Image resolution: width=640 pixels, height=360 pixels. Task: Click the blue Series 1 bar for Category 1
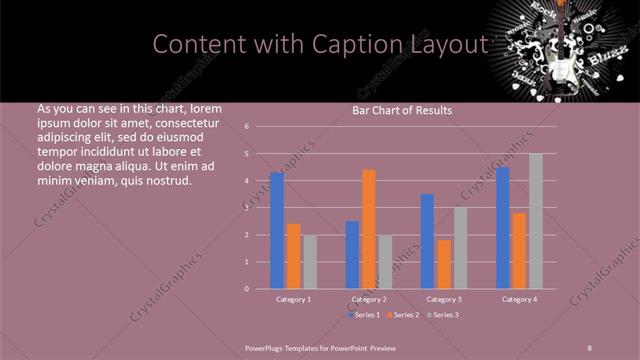[277, 230]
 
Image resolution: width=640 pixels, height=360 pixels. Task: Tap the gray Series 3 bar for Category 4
[536, 221]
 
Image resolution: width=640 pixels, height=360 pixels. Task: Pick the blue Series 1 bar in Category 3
[427, 241]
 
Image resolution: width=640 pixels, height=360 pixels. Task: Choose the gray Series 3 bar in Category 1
[310, 262]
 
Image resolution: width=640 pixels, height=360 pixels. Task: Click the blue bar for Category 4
[502, 228]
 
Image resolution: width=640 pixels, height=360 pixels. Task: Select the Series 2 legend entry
[403, 315]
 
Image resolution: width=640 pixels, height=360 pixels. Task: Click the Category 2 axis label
[369, 299]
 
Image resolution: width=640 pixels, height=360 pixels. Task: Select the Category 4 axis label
[519, 299]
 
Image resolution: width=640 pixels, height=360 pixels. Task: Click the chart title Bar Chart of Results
[402, 110]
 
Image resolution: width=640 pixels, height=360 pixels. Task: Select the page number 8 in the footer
[590, 347]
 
